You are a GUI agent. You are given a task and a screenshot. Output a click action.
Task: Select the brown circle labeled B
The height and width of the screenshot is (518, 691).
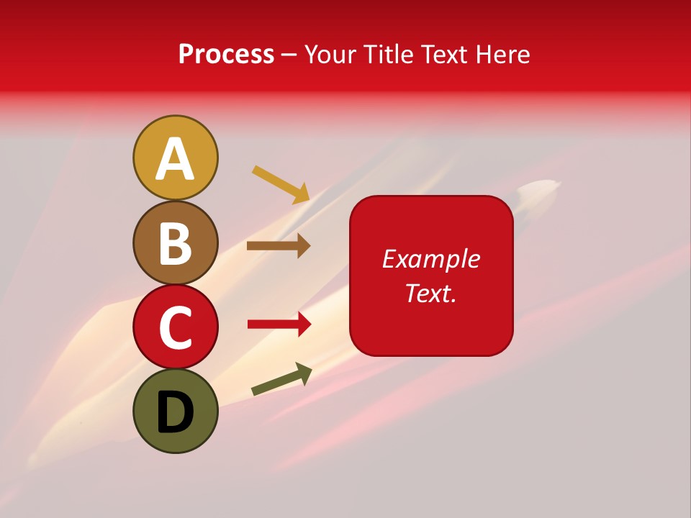pos(175,242)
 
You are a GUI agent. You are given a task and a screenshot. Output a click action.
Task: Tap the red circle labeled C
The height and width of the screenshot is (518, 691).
pos(175,327)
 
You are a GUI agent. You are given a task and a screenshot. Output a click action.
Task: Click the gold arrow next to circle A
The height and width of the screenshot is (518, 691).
pos(281,183)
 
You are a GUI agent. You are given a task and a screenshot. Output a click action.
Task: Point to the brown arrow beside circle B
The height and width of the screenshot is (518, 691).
pos(279,246)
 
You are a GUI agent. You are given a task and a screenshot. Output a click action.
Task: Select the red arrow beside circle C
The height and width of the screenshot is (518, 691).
pos(279,324)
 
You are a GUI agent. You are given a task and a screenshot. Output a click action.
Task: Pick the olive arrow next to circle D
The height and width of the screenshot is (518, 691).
pos(281,378)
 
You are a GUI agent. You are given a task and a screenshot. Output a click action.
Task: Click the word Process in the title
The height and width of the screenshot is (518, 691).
pos(226,55)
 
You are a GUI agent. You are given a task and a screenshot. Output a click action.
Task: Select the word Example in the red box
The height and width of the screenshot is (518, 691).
pos(431,259)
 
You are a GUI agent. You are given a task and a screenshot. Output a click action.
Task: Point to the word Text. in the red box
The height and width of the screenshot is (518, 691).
pos(431,293)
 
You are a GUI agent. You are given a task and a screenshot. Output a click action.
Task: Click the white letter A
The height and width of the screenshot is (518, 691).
pos(175,159)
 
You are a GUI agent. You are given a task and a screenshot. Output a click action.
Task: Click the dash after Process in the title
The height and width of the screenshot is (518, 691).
pos(289,55)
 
